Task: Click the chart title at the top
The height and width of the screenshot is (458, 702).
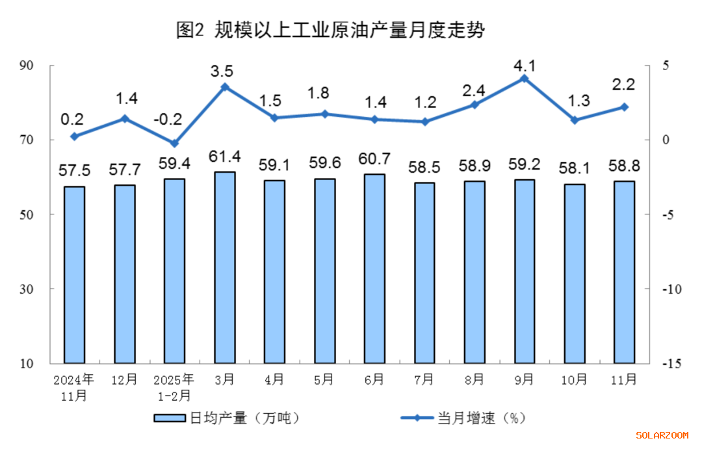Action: click(331, 30)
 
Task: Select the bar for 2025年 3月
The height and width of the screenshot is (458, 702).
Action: click(224, 267)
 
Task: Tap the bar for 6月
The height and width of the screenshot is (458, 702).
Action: click(374, 268)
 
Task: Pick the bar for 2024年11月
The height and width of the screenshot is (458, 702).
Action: click(74, 274)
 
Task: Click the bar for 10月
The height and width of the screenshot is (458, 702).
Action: click(575, 273)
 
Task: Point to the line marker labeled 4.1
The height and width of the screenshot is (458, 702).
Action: click(524, 79)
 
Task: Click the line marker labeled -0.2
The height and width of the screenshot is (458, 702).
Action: click(174, 143)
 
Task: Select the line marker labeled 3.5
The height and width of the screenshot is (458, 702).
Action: click(224, 87)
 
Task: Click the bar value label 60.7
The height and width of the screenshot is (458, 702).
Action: click(374, 159)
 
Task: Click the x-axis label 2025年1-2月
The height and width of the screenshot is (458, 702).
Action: click(174, 387)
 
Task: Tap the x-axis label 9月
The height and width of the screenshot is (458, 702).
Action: click(524, 379)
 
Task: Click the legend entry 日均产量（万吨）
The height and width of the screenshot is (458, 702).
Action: click(227, 418)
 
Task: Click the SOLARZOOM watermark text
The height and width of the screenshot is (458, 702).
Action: click(662, 435)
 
